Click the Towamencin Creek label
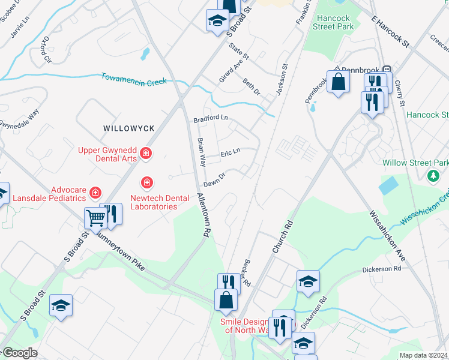(133, 80)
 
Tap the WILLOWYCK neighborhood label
(129, 128)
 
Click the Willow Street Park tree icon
(432, 176)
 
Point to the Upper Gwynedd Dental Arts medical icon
(145, 155)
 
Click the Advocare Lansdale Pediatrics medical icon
(95, 193)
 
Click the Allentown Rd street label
(204, 217)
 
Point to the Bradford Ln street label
(211, 119)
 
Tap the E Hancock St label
(390, 32)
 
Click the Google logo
(19, 353)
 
